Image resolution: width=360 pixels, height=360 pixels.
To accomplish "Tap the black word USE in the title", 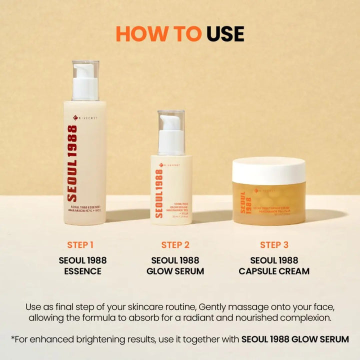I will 225,33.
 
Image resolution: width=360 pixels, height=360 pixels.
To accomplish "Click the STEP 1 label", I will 80,245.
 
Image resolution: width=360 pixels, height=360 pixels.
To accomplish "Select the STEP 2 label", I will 175,245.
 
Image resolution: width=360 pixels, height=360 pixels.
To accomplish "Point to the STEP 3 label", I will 274,245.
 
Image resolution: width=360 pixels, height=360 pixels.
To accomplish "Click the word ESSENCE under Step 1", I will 82,271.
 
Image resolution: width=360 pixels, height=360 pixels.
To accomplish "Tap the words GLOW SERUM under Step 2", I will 175,271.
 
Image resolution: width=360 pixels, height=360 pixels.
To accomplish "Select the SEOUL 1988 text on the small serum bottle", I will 159,193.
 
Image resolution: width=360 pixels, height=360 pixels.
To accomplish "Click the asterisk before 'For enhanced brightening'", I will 12,338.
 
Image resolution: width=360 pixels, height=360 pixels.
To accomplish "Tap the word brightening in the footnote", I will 113,339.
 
